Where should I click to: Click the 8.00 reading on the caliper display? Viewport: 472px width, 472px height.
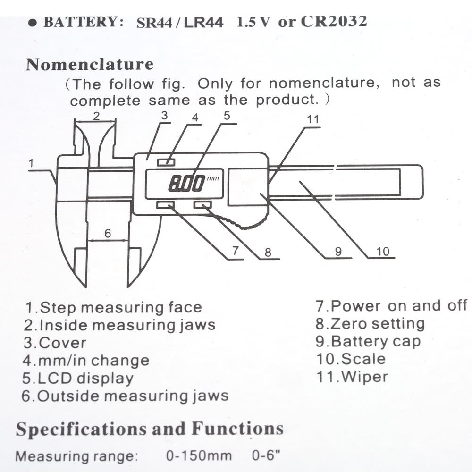tap(186, 183)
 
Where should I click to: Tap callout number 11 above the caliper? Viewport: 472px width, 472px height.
tap(313, 119)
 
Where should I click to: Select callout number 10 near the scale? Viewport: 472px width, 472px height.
tap(383, 251)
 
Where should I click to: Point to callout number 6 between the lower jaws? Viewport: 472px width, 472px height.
tap(108, 233)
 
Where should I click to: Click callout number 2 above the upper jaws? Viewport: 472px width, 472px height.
tap(96, 116)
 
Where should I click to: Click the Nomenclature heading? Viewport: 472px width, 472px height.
tap(89, 64)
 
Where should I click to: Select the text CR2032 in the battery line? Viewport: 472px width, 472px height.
tap(333, 21)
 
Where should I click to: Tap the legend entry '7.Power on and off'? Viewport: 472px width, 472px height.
tap(391, 305)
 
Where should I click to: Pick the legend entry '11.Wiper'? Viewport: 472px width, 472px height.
tap(352, 377)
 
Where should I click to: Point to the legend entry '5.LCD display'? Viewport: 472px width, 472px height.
tap(77, 378)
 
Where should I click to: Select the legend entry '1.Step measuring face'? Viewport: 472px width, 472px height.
tap(113, 308)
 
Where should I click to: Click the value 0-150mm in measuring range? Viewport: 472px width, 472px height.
tap(199, 456)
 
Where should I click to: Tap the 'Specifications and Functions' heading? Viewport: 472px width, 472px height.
tap(150, 430)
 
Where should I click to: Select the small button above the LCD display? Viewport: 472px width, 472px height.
tap(166, 163)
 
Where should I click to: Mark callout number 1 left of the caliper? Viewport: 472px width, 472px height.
tap(31, 163)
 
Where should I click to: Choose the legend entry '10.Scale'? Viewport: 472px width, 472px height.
tap(351, 359)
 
